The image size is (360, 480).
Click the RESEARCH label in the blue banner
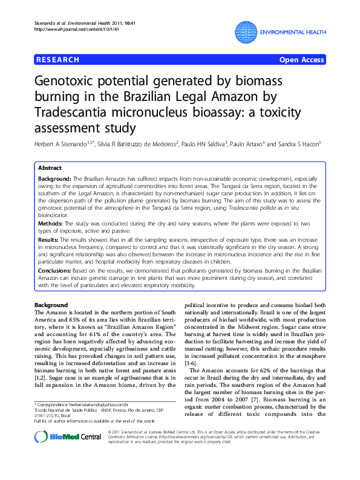point(58,60)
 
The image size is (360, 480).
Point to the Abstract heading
point(50,168)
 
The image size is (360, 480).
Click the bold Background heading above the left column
point(51,304)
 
